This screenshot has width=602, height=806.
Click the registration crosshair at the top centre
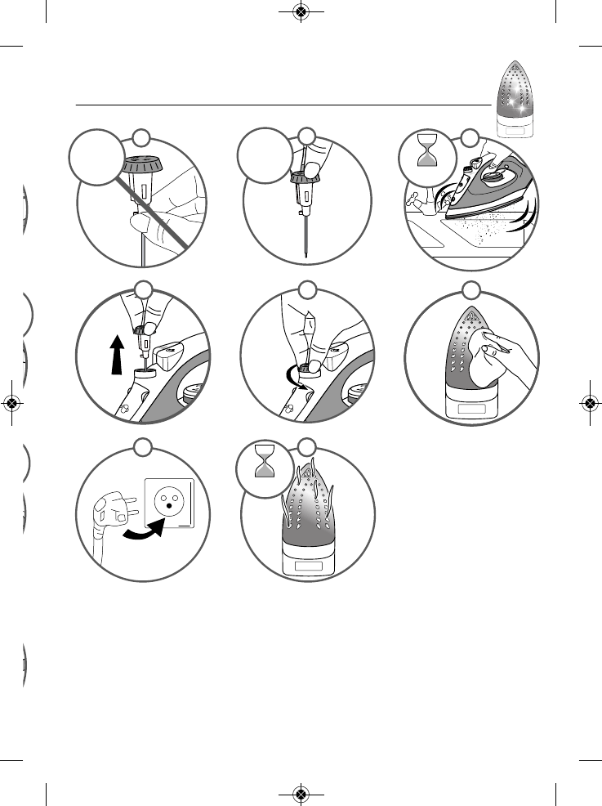coord(301,12)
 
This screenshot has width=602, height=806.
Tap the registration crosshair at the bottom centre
coord(301,794)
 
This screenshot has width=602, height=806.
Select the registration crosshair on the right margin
coord(590,403)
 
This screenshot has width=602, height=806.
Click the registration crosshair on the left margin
coord(11,403)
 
